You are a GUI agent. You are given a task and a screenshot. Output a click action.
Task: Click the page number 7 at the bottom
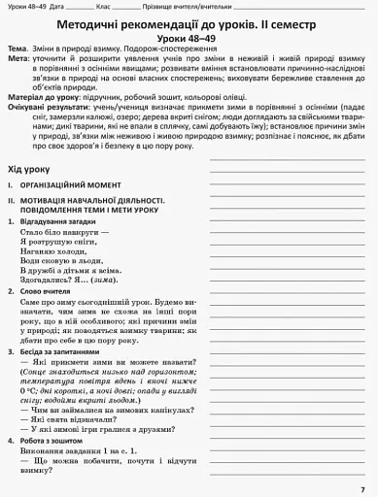click(361, 486)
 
